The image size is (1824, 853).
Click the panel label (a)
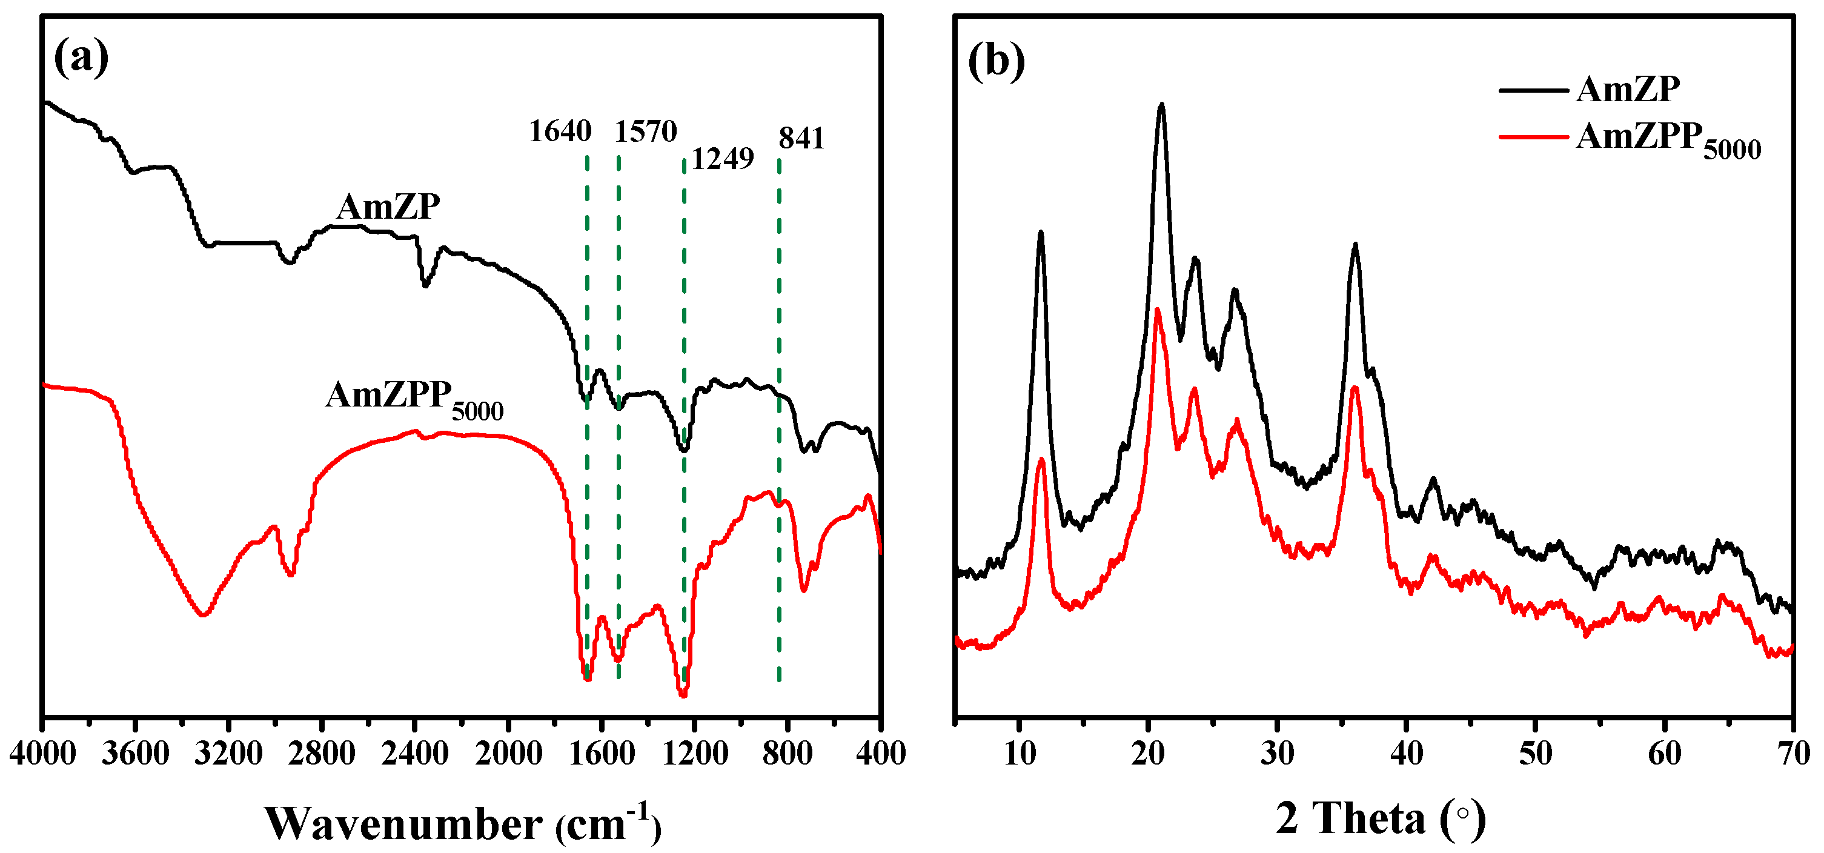click(x=81, y=58)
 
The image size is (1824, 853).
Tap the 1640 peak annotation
click(x=559, y=131)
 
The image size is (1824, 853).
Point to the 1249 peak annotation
click(x=721, y=159)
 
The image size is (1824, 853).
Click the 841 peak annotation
click(x=801, y=139)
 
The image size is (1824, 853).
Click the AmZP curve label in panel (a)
click(x=388, y=207)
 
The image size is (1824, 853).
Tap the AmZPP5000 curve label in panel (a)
click(x=414, y=399)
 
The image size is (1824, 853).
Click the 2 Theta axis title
click(x=1380, y=819)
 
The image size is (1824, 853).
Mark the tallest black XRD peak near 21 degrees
click(x=1161, y=106)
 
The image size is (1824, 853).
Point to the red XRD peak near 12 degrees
click(x=1041, y=461)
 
